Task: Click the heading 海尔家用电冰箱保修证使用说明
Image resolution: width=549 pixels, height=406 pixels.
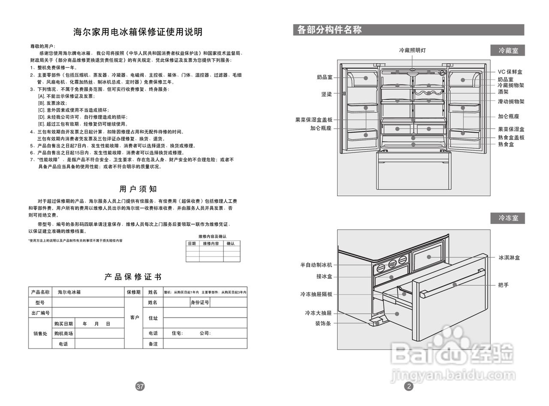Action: (x=138, y=32)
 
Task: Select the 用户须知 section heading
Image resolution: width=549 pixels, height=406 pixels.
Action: (x=138, y=189)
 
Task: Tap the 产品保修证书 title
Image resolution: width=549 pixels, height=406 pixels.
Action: (x=133, y=277)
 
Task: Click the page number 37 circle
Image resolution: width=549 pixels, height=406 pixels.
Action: (x=140, y=386)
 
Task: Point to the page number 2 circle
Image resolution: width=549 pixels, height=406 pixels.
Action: (x=409, y=386)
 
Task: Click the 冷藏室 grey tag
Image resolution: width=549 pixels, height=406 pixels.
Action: (x=508, y=51)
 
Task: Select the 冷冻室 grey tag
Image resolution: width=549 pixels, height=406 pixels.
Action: (x=508, y=218)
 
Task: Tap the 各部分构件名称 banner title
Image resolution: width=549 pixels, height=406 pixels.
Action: (x=329, y=30)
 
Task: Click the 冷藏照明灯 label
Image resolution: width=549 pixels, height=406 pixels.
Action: (x=412, y=50)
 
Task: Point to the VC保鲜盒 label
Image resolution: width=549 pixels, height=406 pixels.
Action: (x=510, y=72)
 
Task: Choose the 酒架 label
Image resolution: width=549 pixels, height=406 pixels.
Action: (x=503, y=92)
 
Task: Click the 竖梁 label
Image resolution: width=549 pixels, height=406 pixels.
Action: (x=326, y=94)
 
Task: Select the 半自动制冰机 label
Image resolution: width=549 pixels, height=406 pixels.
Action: (x=316, y=265)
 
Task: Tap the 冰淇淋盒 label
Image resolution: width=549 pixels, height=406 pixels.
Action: (x=509, y=258)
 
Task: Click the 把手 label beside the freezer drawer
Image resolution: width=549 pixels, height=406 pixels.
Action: (x=504, y=285)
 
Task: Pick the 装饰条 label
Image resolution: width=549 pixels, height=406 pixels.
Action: (x=323, y=323)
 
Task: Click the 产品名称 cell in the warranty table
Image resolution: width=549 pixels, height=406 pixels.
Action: (x=40, y=292)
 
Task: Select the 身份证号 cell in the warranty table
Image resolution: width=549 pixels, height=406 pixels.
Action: (x=200, y=303)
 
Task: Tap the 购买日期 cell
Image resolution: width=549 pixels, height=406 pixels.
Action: (x=63, y=324)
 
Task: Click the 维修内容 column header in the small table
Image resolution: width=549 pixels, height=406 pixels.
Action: (x=211, y=243)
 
